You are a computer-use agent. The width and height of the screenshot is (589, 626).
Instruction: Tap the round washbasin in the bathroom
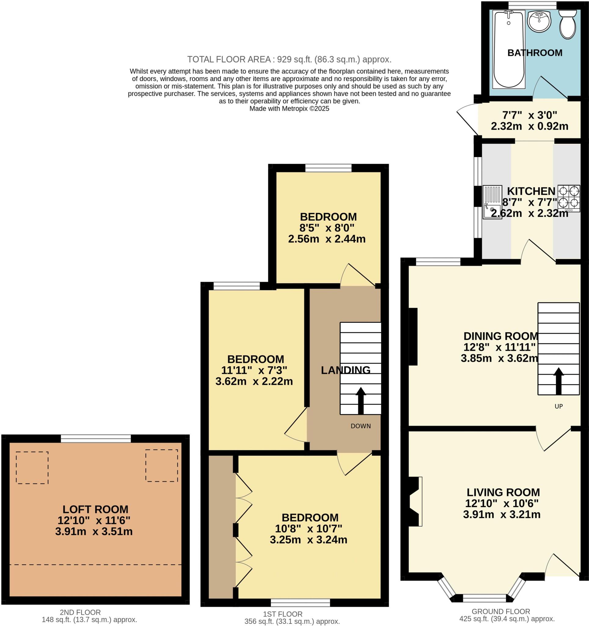click(539, 21)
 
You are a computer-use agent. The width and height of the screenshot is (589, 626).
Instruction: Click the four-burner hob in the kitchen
click(569, 198)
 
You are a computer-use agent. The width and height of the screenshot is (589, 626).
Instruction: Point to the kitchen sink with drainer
click(492, 202)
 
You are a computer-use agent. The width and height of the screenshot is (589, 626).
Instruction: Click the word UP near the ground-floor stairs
click(558, 406)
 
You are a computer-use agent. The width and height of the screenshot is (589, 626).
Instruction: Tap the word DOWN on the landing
click(360, 426)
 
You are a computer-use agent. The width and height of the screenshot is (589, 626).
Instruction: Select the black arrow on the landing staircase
click(360, 400)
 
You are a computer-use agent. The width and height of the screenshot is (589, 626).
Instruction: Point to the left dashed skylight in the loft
click(32, 468)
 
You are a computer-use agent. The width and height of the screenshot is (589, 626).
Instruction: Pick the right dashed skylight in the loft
click(161, 466)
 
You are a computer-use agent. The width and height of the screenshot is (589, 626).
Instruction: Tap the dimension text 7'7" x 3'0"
click(529, 115)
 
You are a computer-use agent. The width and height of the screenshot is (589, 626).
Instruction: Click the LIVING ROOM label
click(503, 492)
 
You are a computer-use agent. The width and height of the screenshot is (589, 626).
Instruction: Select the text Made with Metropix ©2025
click(289, 109)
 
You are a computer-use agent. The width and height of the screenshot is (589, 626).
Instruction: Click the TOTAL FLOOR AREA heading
click(289, 59)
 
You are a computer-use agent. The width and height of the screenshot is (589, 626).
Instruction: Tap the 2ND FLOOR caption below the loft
click(80, 612)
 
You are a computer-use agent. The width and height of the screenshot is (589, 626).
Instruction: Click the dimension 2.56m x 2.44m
click(327, 239)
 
